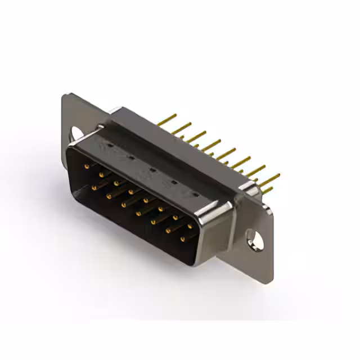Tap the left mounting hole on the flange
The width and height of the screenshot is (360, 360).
75,133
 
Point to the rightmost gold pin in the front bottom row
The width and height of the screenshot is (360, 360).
182,239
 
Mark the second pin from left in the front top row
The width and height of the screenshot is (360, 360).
101,175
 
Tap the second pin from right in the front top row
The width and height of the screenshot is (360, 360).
175,218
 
